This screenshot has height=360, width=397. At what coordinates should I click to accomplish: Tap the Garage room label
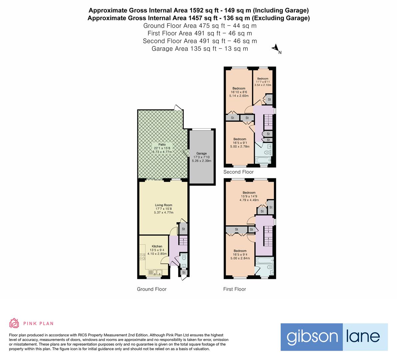pyautogui.click(x=201, y=154)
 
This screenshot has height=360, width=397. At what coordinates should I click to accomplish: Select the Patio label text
pyautogui.click(x=162, y=145)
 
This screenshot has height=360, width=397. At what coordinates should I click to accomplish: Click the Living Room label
pyautogui.click(x=163, y=205)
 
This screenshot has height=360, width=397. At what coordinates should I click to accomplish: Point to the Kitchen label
pyautogui.click(x=157, y=246)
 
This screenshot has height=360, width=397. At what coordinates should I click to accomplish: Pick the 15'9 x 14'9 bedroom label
pyautogui.click(x=249, y=193)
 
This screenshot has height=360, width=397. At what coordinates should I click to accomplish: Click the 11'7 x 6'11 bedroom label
pyautogui.click(x=263, y=79)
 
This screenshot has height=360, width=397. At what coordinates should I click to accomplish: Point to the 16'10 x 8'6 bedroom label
pyautogui.click(x=239, y=89)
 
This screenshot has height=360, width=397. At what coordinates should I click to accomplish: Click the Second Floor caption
pyautogui.click(x=238, y=172)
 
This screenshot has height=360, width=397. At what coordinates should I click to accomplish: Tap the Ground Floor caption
pyautogui.click(x=152, y=289)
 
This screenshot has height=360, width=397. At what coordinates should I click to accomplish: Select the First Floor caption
pyautogui.click(x=234, y=289)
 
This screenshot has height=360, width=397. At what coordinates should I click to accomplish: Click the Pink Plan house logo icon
pyautogui.click(x=14, y=323)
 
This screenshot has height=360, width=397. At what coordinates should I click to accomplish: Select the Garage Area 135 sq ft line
pyautogui.click(x=200, y=49)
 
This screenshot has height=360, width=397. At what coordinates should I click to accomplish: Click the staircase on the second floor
pyautogui.click(x=269, y=122)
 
